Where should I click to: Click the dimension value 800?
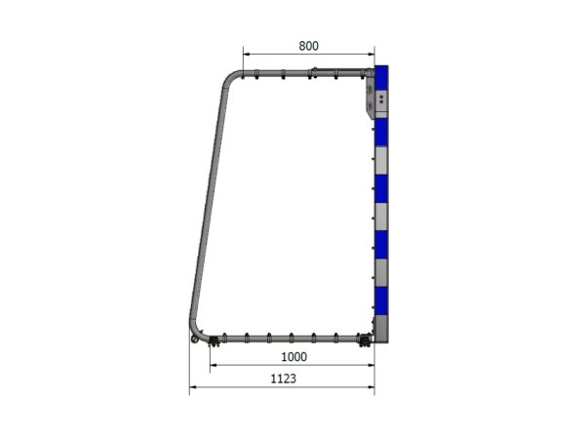pos(309,45)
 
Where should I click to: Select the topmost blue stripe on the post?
pos(381,75)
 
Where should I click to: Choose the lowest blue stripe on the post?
pos(381,297)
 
